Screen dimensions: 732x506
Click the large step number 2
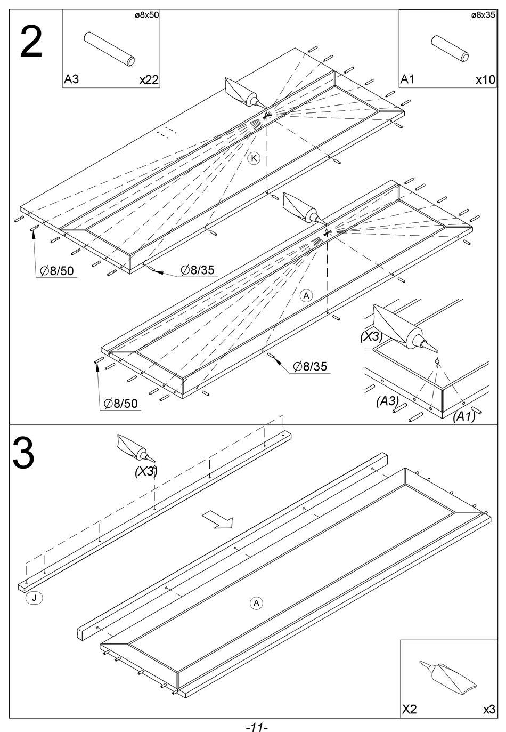tap(31, 43)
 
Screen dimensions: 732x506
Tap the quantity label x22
tap(149, 80)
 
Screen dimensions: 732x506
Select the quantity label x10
tap(485, 80)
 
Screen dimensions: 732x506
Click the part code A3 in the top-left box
tap(71, 79)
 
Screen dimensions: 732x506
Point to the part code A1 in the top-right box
tap(407, 79)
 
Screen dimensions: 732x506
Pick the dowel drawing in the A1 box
tap(450, 49)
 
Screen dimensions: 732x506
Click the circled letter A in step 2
tap(306, 295)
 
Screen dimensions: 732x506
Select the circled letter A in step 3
tap(256, 603)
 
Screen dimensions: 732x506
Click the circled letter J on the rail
tap(34, 598)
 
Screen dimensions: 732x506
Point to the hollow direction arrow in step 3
tap(217, 519)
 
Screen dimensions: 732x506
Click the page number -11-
tap(257, 727)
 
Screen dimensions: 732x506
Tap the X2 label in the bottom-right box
tap(409, 710)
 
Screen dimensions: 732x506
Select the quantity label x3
tap(489, 710)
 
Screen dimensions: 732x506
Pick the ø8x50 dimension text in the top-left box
tap(147, 15)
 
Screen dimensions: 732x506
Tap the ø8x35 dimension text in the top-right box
tap(484, 15)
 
